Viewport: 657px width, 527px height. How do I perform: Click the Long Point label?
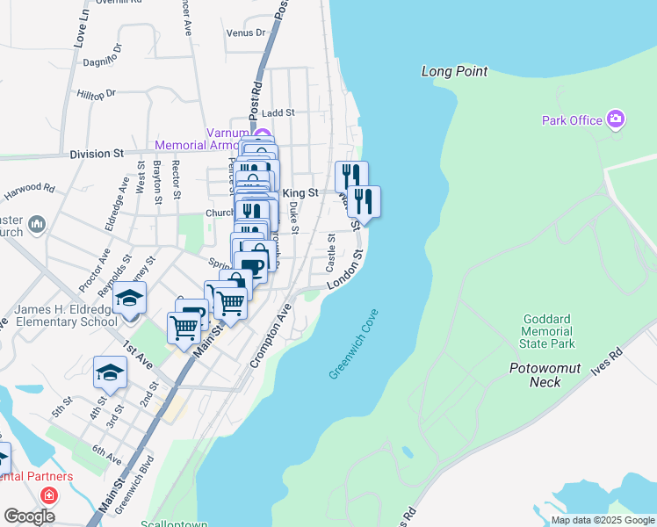[x=454, y=71]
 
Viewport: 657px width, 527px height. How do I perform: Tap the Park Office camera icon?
[x=616, y=119]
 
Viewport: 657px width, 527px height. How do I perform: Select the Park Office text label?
[x=572, y=120]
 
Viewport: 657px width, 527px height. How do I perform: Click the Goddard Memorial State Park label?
[x=547, y=332]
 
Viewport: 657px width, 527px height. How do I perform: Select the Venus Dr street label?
[x=245, y=32]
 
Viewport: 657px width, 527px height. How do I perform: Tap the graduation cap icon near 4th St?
[x=110, y=372]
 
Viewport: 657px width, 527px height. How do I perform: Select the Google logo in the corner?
[x=29, y=516]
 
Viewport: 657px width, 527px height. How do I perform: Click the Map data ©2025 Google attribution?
[x=603, y=521]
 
